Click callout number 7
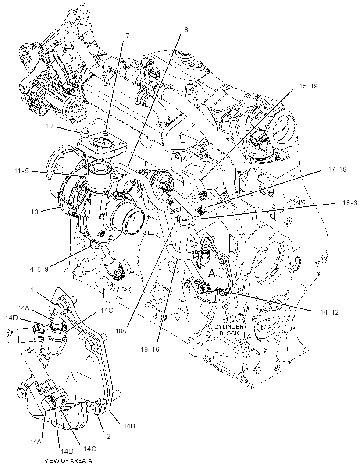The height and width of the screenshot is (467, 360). [128, 36]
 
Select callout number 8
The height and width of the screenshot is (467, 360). [186, 30]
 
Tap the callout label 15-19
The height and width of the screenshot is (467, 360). [308, 86]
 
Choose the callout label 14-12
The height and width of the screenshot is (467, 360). [329, 312]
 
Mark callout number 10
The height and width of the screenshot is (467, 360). [49, 126]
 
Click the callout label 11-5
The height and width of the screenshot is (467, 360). [21, 171]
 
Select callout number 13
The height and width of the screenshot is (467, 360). [35, 212]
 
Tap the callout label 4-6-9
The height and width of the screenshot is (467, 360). [39, 269]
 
